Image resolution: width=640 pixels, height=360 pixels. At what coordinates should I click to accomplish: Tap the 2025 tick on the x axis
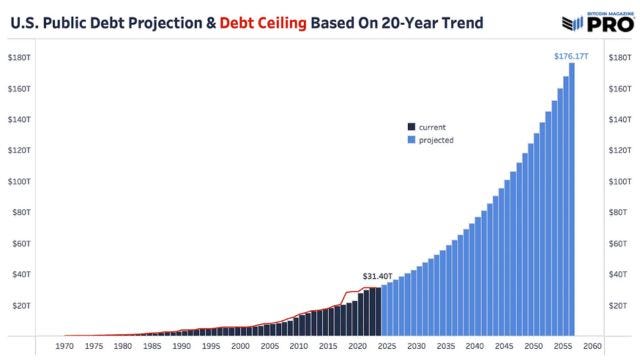coord(386,347)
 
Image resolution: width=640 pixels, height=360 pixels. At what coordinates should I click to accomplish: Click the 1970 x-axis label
coord(63,347)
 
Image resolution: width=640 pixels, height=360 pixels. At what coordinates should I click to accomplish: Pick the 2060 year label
coord(592,347)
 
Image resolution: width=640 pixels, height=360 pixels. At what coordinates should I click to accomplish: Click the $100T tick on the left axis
coord(21,181)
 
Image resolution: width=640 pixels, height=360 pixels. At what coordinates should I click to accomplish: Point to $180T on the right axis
coord(621,57)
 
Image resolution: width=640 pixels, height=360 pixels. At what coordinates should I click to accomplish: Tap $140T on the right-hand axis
coord(621,119)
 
